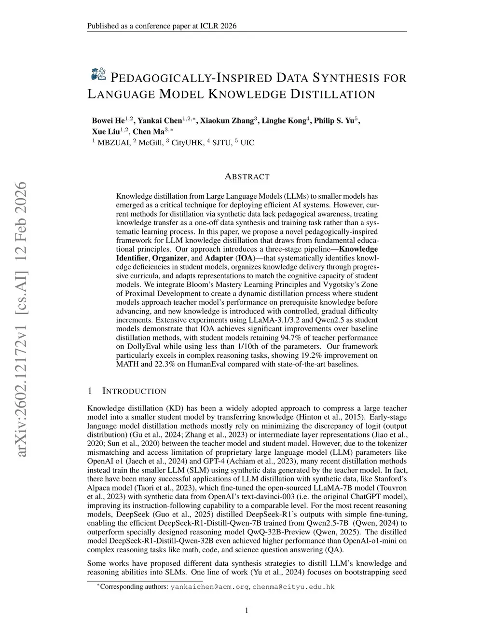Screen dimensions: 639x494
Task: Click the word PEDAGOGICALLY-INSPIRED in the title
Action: [x=192, y=78]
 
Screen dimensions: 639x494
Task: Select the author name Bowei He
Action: [x=108, y=121]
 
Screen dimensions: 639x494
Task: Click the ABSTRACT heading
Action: [x=247, y=177]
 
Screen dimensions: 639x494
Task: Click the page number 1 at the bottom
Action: [x=247, y=611]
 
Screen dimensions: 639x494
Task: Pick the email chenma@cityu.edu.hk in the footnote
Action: [x=293, y=587]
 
